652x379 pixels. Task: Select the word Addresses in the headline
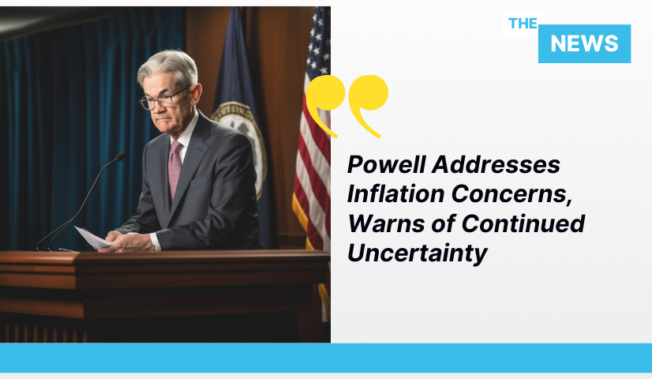click(x=496, y=164)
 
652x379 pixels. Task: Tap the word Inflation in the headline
click(x=396, y=194)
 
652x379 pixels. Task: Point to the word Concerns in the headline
click(x=511, y=194)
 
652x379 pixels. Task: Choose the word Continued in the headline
click(x=523, y=223)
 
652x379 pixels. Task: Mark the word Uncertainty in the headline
click(x=417, y=253)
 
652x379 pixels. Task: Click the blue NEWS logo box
click(x=584, y=43)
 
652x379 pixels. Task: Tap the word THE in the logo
click(x=523, y=24)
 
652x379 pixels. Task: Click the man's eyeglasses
click(x=164, y=98)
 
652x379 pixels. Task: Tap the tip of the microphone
click(x=121, y=156)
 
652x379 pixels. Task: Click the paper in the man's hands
click(x=92, y=238)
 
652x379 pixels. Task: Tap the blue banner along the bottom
click(x=326, y=358)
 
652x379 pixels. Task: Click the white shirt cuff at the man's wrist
click(x=155, y=242)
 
